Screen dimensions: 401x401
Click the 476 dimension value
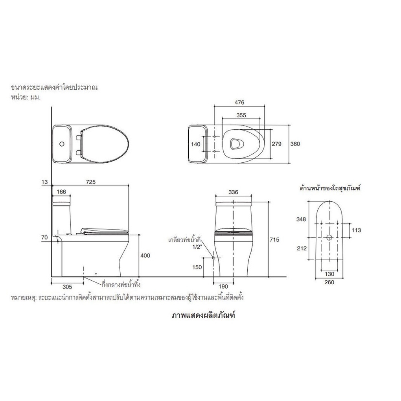[x=239, y=102]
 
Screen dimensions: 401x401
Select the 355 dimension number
[x=241, y=115]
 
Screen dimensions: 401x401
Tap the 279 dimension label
[x=276, y=144]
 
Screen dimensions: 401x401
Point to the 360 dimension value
[x=295, y=144]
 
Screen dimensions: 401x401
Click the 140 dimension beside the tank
[x=196, y=144]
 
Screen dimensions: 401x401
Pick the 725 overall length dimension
[x=91, y=182]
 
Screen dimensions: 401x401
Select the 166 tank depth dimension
[x=61, y=192]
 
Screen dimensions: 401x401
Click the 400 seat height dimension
[x=145, y=256]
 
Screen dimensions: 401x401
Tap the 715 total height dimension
[x=274, y=240]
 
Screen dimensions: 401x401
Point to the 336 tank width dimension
[x=233, y=192]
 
